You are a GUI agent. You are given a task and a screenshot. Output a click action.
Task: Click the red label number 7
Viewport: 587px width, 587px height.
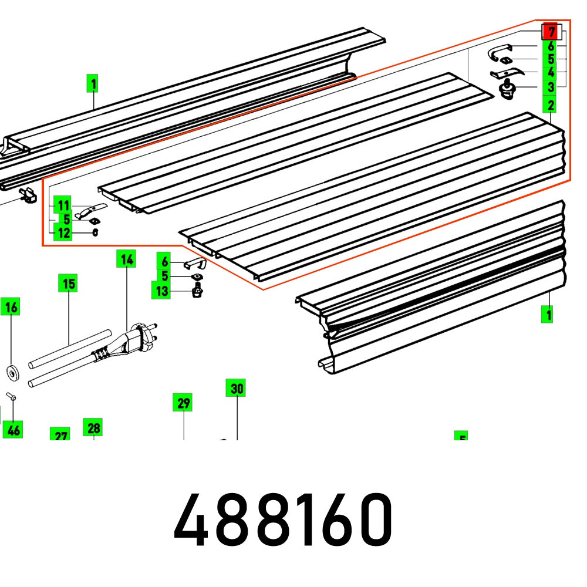click(551, 32)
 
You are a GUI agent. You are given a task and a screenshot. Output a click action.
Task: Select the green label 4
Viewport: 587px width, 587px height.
click(551, 73)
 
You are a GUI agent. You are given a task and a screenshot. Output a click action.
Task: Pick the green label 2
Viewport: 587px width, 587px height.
click(551, 106)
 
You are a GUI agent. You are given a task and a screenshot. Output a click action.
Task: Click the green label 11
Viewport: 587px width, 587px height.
click(63, 206)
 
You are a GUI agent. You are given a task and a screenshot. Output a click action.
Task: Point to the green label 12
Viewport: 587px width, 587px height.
click(63, 233)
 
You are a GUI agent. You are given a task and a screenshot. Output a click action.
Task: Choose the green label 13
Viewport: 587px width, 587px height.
click(162, 291)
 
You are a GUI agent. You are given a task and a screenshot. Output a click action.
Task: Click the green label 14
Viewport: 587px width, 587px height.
click(126, 259)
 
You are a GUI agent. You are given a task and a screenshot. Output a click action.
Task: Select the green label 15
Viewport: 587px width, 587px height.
click(69, 285)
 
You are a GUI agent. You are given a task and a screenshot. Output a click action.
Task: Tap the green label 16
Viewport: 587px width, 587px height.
click(12, 306)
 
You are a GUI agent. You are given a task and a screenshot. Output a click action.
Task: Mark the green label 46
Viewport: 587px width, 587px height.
click(13, 430)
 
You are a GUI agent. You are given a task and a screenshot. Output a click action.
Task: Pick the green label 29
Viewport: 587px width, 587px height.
click(184, 404)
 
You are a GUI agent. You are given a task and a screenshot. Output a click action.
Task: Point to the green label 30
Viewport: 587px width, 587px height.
click(237, 389)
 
